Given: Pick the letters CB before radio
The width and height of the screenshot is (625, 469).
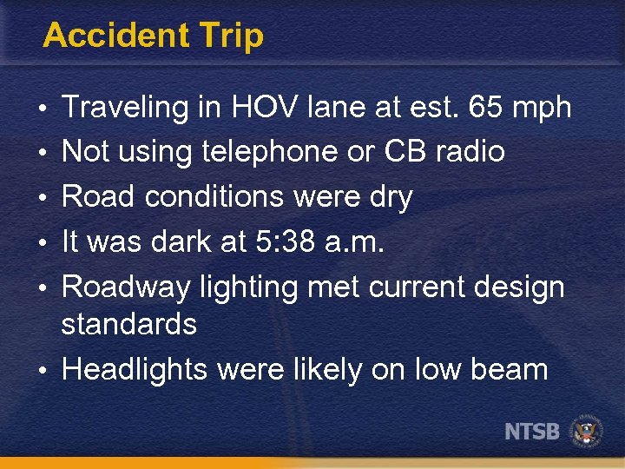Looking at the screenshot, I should pyautogui.click(x=403, y=152).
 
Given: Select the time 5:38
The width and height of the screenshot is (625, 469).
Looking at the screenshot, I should pyautogui.click(x=286, y=242).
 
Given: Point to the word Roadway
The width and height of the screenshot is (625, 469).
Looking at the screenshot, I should pyautogui.click(x=127, y=287).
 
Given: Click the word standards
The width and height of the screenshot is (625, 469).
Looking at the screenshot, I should pyautogui.click(x=129, y=324).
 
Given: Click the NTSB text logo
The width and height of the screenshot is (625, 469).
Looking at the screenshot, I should pyautogui.click(x=532, y=431).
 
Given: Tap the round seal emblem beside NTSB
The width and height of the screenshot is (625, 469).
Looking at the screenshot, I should pyautogui.click(x=586, y=432).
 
